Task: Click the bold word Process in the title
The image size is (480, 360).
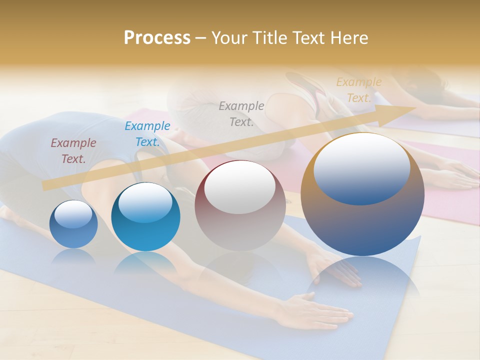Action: [x=157, y=38]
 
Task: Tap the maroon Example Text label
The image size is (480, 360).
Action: [x=73, y=150]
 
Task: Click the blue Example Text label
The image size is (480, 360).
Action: [x=147, y=133]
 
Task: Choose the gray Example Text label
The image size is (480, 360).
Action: [x=241, y=113]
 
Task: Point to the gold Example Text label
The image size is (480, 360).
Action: [x=359, y=90]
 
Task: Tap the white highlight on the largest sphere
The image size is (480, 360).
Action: [x=361, y=168]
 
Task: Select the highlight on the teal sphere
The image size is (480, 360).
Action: [x=145, y=202]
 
